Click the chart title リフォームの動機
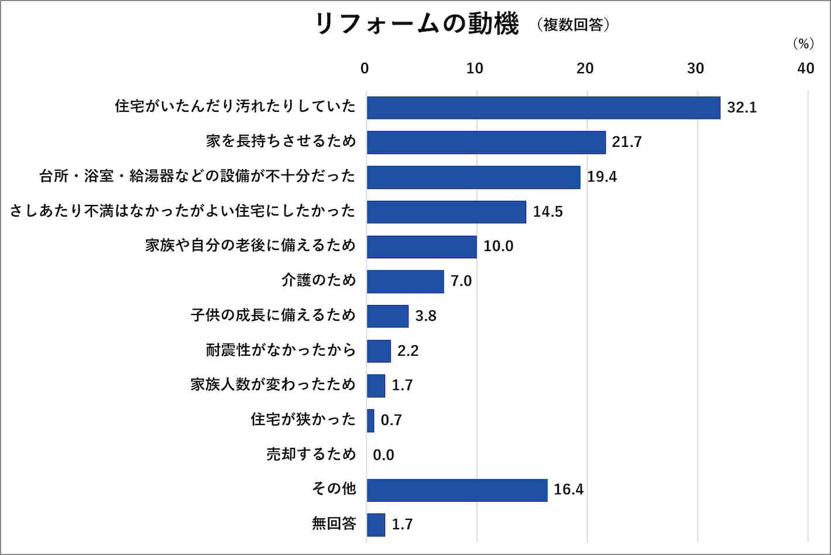pyautogui.click(x=417, y=25)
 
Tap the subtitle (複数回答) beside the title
pyautogui.click(x=574, y=25)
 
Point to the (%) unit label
pyautogui.click(x=803, y=44)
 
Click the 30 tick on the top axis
pyautogui.click(x=695, y=68)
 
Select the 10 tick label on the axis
pyautogui.click(x=475, y=68)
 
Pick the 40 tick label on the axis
pyautogui.click(x=805, y=68)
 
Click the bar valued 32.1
pyautogui.click(x=543, y=108)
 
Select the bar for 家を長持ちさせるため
pyautogui.click(x=486, y=142)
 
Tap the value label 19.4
pyautogui.click(x=602, y=177)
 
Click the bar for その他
pyautogui.click(x=457, y=490)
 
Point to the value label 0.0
pyautogui.click(x=383, y=455)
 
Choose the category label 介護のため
pyautogui.click(x=318, y=280)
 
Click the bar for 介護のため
pyautogui.click(x=405, y=282)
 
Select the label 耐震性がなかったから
pyautogui.click(x=281, y=350)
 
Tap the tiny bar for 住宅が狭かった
pyautogui.click(x=370, y=420)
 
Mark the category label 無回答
pyautogui.click(x=334, y=523)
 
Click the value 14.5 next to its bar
pyautogui.click(x=548, y=212)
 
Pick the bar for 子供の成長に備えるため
pyautogui.click(x=387, y=316)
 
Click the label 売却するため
pyautogui.click(x=311, y=454)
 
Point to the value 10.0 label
pyautogui.click(x=498, y=246)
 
